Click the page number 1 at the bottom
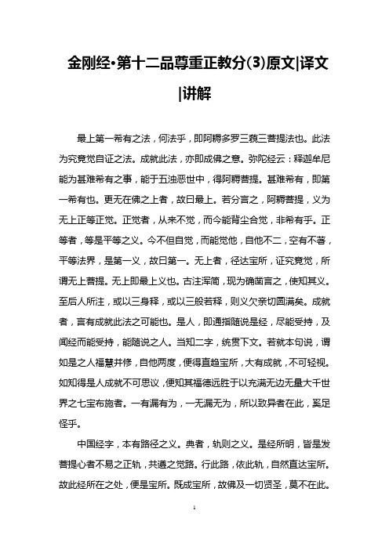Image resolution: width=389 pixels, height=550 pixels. click(x=194, y=530)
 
